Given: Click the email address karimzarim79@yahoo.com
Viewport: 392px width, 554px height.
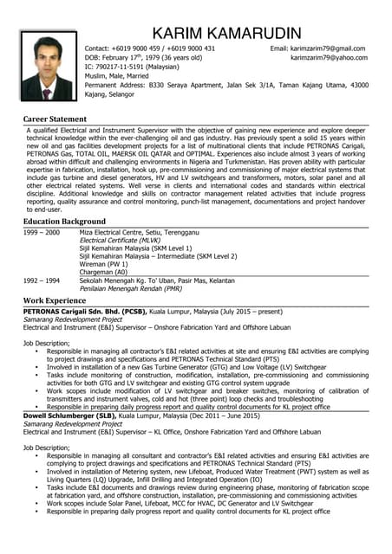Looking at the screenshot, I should click(x=329, y=58).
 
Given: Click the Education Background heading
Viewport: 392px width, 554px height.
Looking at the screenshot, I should click(x=64, y=222).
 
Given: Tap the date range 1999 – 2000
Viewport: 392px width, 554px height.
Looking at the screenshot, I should click(x=42, y=233).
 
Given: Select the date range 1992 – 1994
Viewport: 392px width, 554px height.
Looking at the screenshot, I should click(x=42, y=280).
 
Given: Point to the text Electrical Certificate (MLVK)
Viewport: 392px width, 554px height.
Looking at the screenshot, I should click(x=126, y=241).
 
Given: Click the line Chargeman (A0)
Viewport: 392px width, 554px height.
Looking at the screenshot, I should click(x=104, y=272).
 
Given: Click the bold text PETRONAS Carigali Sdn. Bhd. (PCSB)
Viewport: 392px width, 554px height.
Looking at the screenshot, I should click(x=85, y=310).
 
